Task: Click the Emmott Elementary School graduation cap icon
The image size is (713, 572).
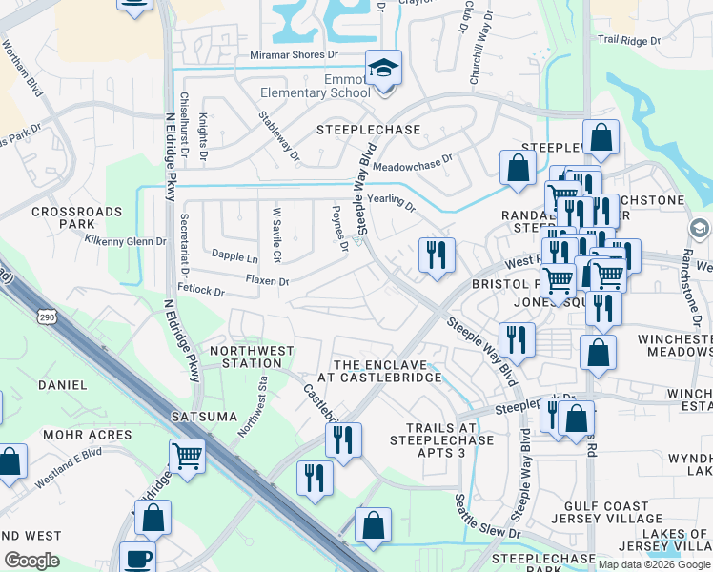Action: (x=383, y=69)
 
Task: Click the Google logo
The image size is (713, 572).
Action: (x=32, y=560)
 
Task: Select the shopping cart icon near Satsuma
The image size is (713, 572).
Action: (x=187, y=455)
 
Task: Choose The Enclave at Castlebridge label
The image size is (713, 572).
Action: (x=387, y=371)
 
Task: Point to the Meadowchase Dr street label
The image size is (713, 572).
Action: (x=412, y=165)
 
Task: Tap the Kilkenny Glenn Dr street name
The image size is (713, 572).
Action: (x=125, y=241)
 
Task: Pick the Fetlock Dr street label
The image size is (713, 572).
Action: (x=200, y=290)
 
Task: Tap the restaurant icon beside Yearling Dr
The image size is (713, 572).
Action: (x=437, y=255)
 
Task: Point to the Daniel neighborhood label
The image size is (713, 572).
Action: (x=62, y=385)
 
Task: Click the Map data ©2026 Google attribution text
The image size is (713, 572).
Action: (x=654, y=564)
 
